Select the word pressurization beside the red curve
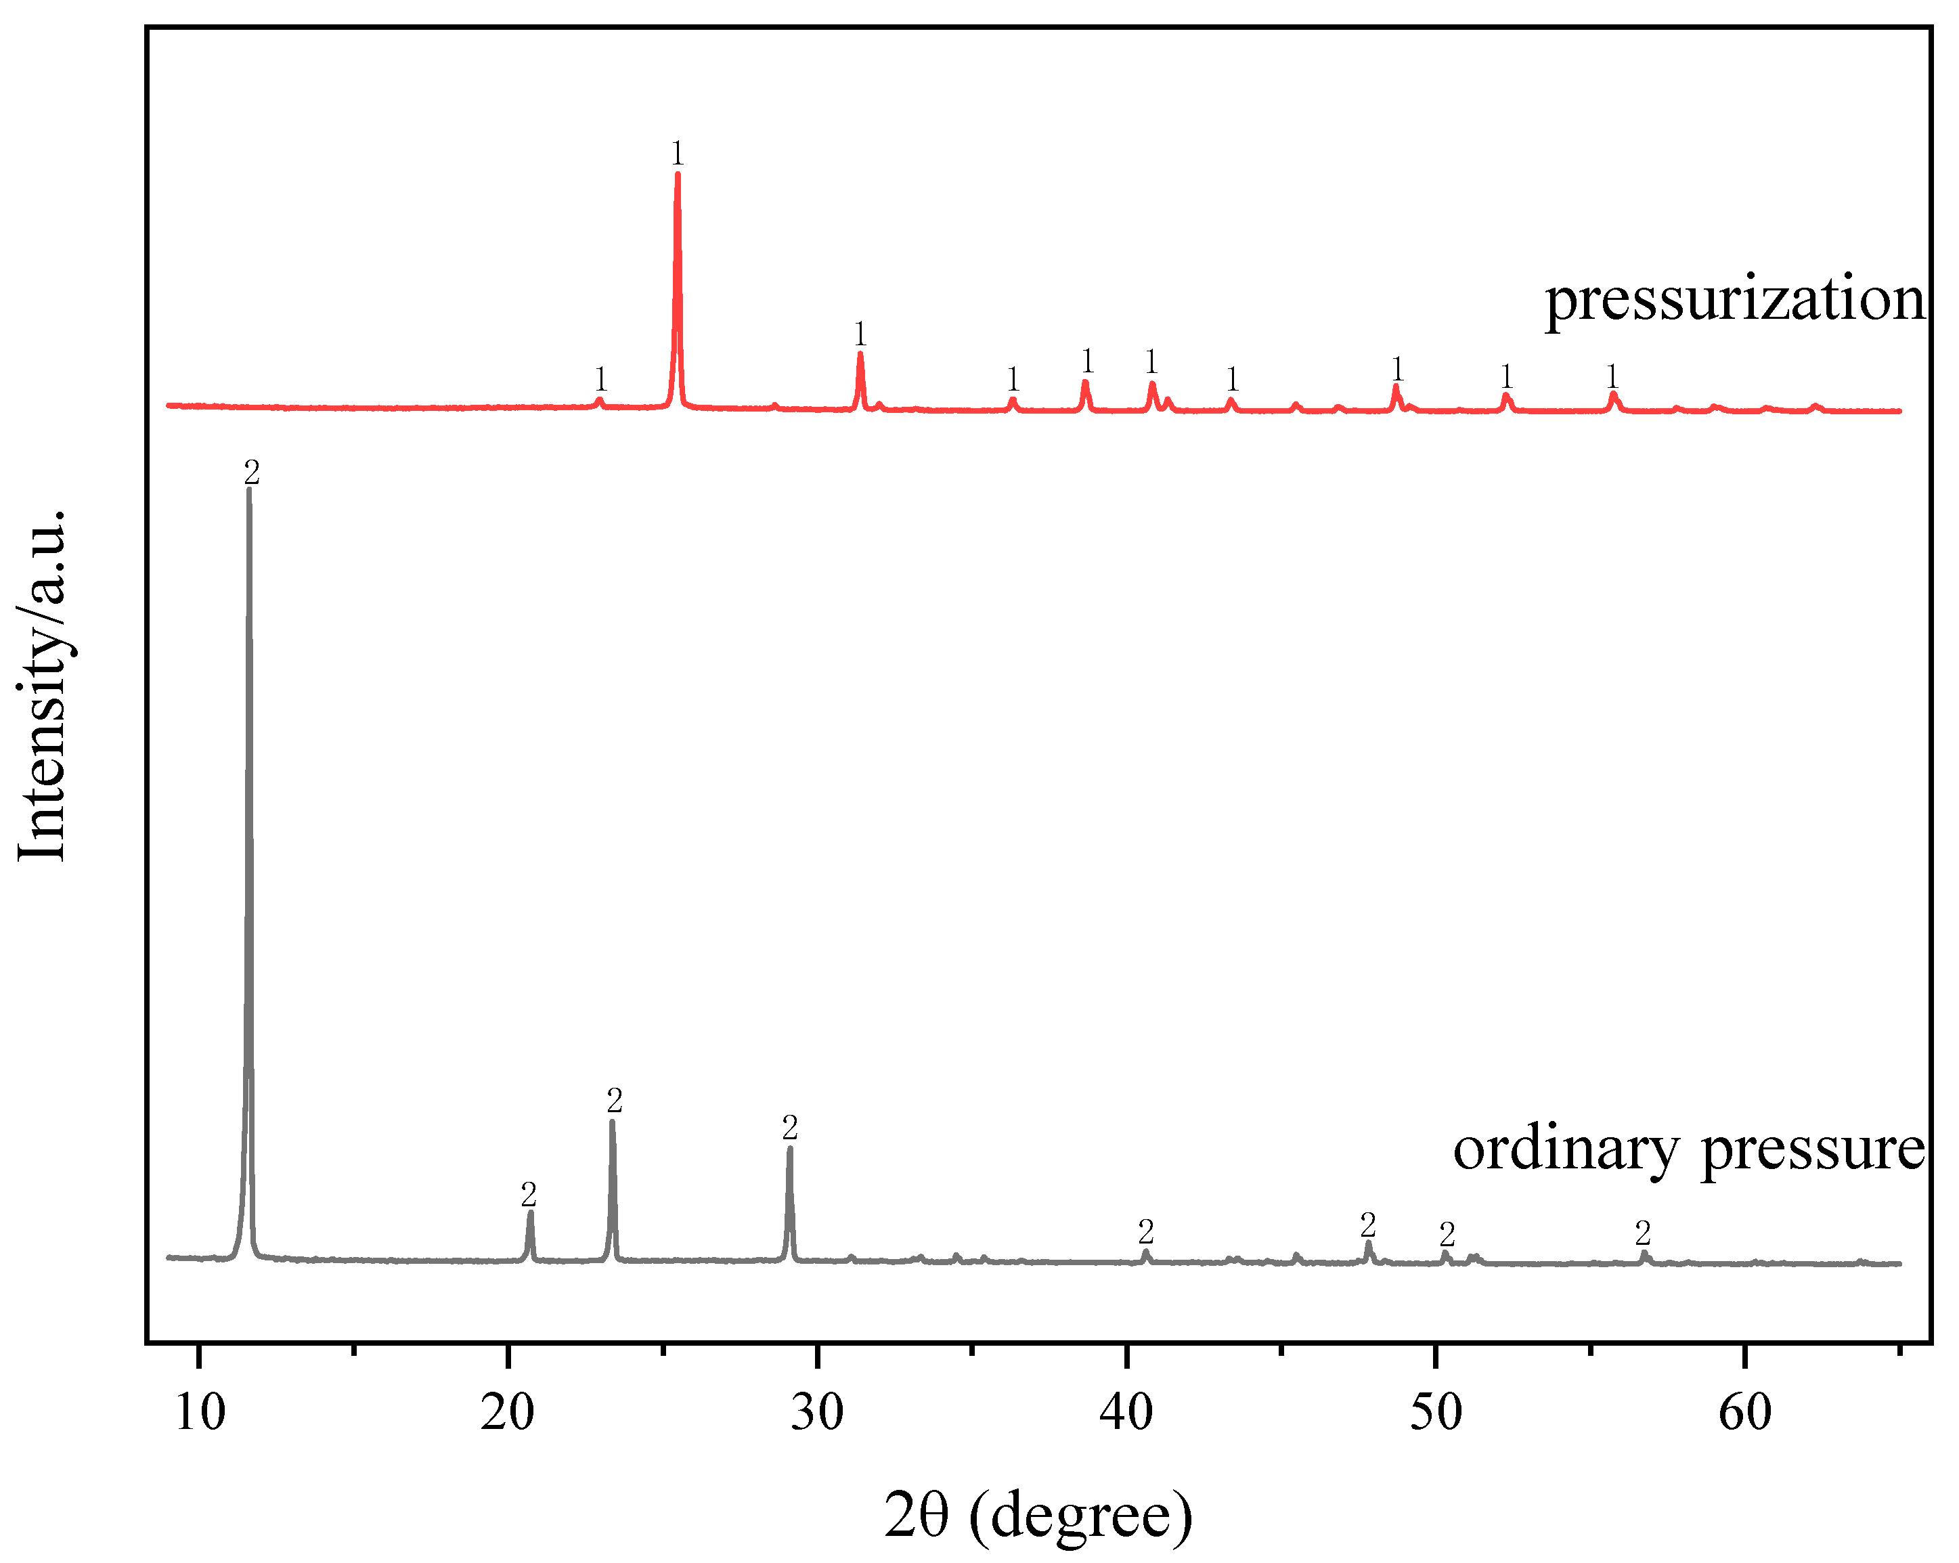point(1734,300)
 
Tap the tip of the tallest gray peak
point(249,490)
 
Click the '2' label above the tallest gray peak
point(252,472)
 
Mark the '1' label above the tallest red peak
point(677,154)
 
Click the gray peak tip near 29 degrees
point(789,1149)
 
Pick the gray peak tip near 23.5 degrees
point(613,1122)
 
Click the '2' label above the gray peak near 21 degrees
point(529,1194)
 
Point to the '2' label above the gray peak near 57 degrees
point(1643,1233)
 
